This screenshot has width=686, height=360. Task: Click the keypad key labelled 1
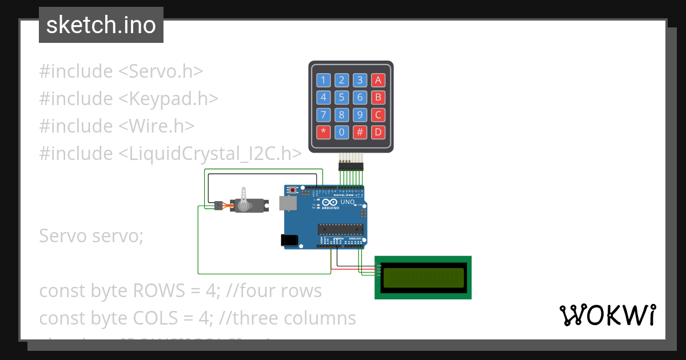coord(324,80)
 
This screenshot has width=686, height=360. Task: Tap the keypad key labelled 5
coord(342,97)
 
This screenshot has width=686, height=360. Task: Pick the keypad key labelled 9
coord(360,115)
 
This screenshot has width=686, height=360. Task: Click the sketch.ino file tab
coord(101,25)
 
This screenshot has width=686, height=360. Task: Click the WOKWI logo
coord(607,315)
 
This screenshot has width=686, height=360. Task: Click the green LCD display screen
coord(423,278)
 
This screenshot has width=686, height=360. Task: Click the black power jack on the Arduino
coord(290,241)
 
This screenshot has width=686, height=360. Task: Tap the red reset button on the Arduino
coord(293,190)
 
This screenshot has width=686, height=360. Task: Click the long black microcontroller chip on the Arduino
coord(341,230)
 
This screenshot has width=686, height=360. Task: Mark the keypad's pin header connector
coord(351,166)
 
